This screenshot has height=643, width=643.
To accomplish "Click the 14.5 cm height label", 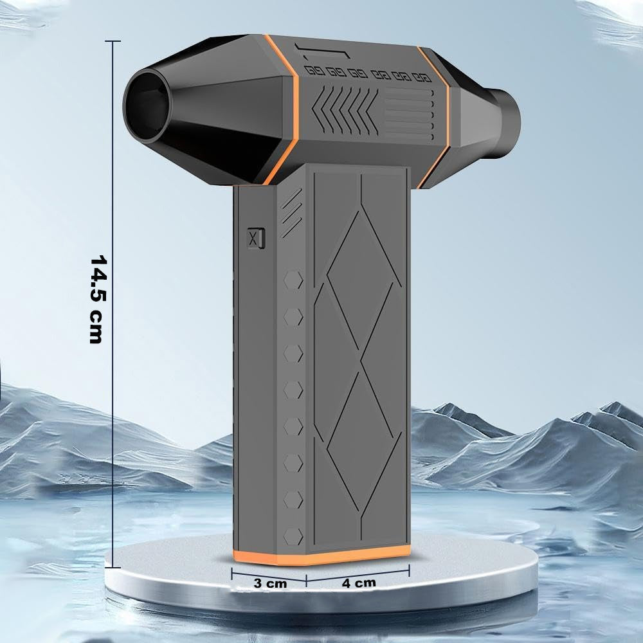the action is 98,300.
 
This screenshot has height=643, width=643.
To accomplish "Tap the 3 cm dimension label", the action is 270,583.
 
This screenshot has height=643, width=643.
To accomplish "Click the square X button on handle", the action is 256,238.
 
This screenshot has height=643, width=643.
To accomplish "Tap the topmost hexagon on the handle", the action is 293,281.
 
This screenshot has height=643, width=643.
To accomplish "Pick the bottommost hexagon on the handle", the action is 293,536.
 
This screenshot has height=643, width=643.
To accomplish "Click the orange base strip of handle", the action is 321,556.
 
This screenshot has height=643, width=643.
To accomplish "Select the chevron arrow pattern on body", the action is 345,111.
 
